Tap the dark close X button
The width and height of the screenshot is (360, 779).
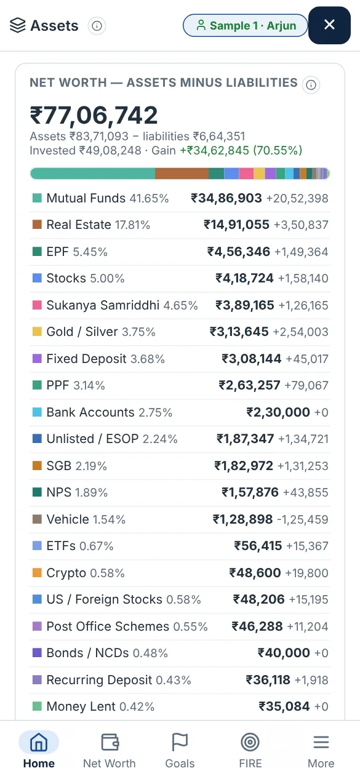[x=329, y=25]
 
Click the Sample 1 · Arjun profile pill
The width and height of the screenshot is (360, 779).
[x=246, y=25]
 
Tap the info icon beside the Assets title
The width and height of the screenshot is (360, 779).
[x=97, y=26]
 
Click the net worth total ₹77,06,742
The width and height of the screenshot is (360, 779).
[x=94, y=115]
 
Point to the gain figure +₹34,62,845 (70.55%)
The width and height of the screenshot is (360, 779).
[x=241, y=151]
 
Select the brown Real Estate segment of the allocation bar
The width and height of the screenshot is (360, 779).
[x=182, y=173]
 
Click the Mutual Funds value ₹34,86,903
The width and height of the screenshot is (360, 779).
[x=226, y=198]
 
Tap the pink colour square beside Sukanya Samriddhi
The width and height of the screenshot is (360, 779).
[x=37, y=305]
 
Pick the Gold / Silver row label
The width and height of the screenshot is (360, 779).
[x=82, y=332]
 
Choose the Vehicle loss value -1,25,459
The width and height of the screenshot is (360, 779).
[x=303, y=519]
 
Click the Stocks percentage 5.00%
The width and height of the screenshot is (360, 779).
[x=107, y=279]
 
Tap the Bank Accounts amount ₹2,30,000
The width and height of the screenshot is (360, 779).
[x=278, y=412]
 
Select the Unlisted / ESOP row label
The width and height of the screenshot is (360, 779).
[x=92, y=439]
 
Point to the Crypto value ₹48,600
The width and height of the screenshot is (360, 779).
[x=255, y=573]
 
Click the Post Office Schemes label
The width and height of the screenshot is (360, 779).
[x=108, y=626]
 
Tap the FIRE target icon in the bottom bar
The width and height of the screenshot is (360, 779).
[x=250, y=742]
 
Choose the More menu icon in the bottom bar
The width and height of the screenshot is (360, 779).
[x=321, y=742]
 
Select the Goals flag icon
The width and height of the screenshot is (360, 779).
[x=180, y=742]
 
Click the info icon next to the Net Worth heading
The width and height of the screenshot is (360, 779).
[x=311, y=84]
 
